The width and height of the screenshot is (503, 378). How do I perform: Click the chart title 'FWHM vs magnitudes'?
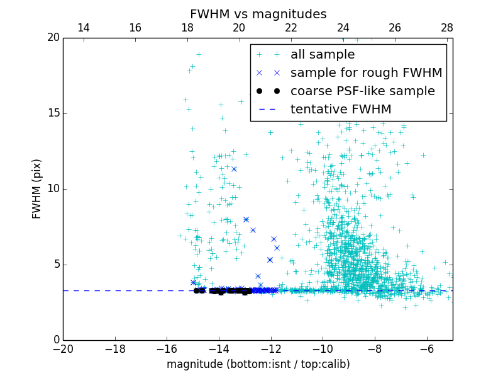point(258,14)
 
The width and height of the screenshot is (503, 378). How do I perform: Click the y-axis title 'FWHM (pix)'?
point(37,188)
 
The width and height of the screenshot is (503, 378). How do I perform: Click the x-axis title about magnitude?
point(258,364)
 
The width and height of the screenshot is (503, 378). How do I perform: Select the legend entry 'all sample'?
point(322,55)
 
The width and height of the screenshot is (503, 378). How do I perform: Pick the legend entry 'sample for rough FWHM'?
point(366,73)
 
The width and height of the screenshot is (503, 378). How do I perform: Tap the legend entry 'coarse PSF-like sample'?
point(362,91)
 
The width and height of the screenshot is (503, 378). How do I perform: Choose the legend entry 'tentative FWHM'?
point(341,110)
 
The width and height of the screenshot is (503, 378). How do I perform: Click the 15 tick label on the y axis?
point(53,113)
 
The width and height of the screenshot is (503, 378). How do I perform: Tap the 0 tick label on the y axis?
point(56,340)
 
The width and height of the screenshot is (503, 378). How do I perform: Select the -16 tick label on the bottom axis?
point(167,349)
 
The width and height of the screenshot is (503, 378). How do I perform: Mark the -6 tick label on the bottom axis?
point(426,349)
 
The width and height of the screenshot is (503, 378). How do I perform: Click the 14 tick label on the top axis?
point(84,28)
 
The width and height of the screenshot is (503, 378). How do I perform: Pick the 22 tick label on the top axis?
point(291,28)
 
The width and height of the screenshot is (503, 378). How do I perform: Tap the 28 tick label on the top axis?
point(447,28)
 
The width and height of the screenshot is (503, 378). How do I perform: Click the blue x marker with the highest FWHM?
point(234,169)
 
